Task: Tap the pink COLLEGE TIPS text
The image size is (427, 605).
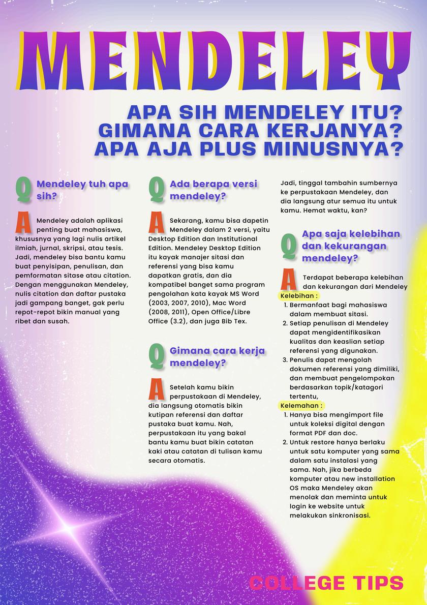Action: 327,583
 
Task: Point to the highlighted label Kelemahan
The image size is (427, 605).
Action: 301,406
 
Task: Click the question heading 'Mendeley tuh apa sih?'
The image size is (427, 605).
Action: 82,190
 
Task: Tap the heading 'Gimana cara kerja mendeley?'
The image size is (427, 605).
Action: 218,356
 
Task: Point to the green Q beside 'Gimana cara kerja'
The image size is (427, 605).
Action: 156,356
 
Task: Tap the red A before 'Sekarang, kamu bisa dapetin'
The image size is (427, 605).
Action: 156,223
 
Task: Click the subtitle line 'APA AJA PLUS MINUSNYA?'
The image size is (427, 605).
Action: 248,149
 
